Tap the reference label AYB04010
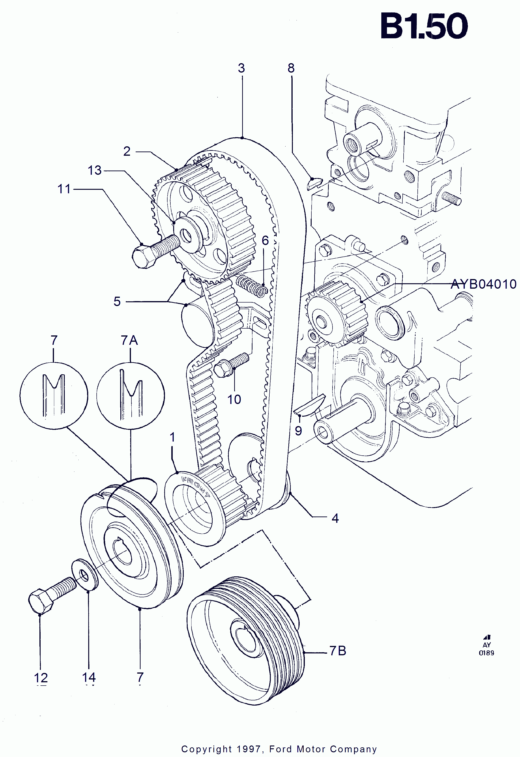[x=483, y=284]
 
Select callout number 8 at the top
[x=291, y=68]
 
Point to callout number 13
[x=95, y=170]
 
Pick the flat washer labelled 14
[x=85, y=575]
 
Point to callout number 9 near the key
[x=298, y=431]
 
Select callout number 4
[x=335, y=518]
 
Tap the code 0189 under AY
[x=486, y=653]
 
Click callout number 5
[x=117, y=301]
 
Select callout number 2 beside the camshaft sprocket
[x=127, y=151]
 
